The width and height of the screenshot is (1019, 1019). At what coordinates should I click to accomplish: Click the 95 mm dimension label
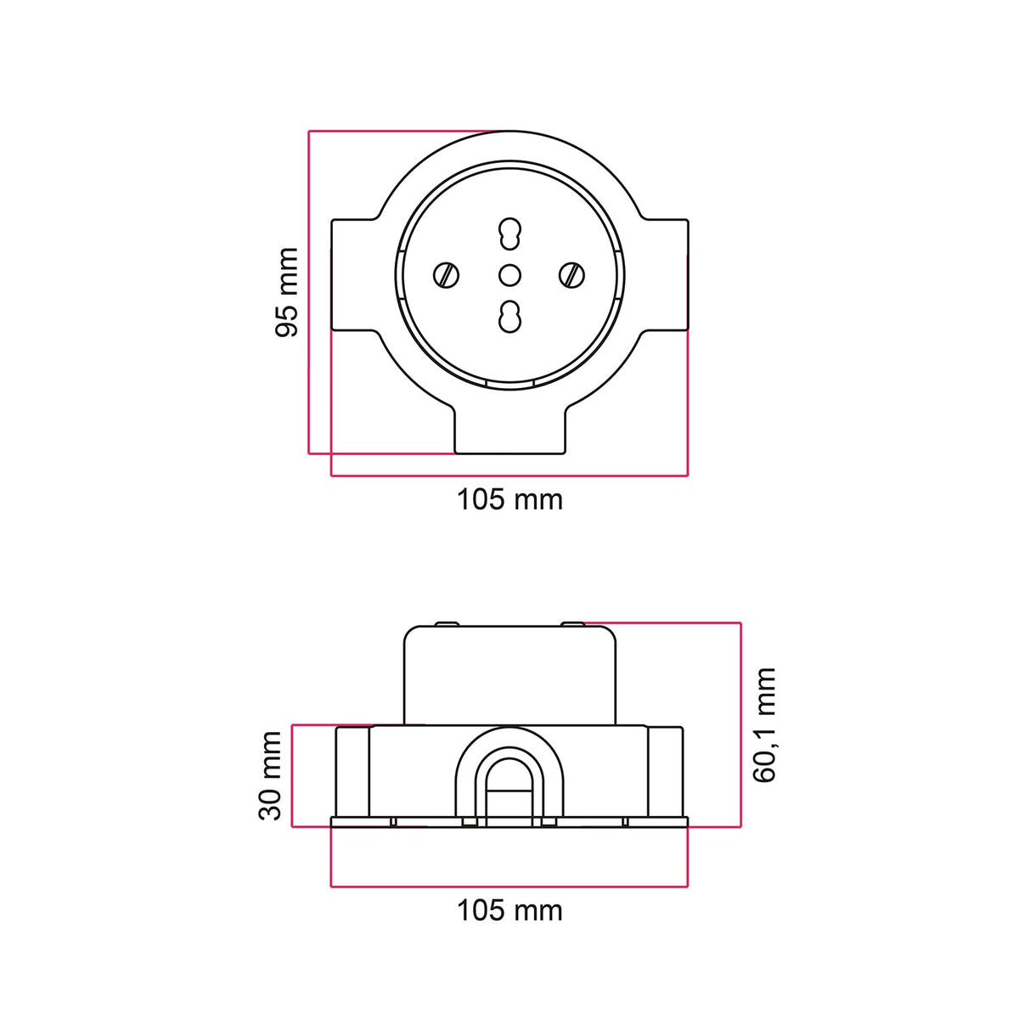[x=287, y=291]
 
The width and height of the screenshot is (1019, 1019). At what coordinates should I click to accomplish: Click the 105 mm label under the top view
[x=509, y=499]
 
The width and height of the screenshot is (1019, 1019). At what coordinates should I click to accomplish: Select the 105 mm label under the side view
[x=509, y=910]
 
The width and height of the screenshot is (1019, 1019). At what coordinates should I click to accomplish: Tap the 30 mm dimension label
[x=270, y=776]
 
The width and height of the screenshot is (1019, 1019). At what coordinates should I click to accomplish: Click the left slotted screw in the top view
[x=446, y=275]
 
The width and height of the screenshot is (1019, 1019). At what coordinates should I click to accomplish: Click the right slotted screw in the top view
[x=572, y=275]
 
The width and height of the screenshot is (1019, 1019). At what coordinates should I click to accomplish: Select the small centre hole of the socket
[x=509, y=275]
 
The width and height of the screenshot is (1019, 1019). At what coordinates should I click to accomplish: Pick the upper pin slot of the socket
[x=509, y=234]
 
